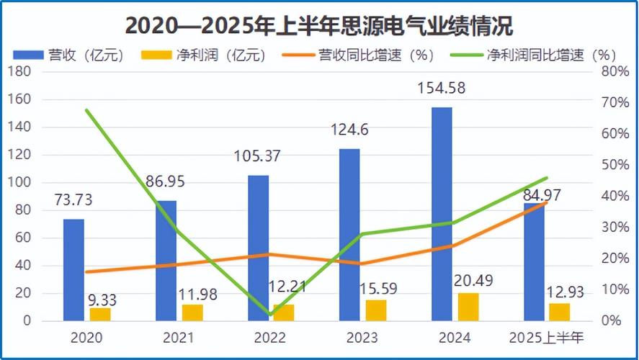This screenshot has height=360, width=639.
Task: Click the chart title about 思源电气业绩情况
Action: click(319, 26)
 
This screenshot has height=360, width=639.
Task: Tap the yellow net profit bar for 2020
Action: click(100, 314)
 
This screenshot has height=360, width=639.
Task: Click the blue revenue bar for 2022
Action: click(258, 248)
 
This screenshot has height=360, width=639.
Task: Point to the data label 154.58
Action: click(442, 89)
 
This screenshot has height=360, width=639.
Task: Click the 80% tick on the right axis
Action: click(614, 71)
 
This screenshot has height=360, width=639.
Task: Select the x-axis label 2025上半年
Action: click(546, 337)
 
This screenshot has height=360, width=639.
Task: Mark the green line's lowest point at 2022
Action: click(269, 315)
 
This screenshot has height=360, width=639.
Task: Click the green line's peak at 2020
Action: click(86, 110)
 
